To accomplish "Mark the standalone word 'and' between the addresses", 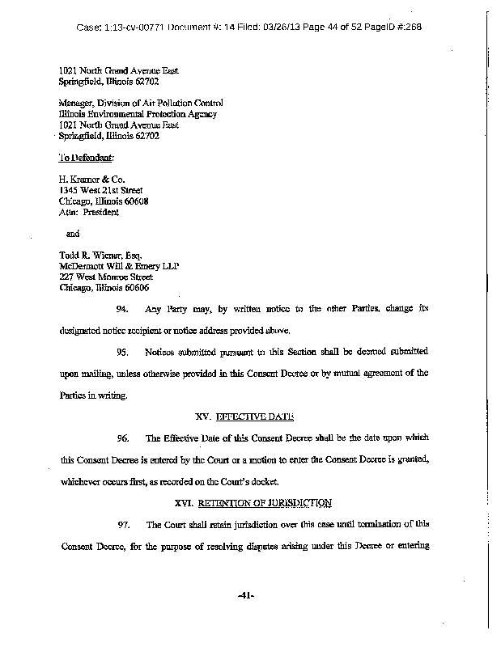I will point(72,234).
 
